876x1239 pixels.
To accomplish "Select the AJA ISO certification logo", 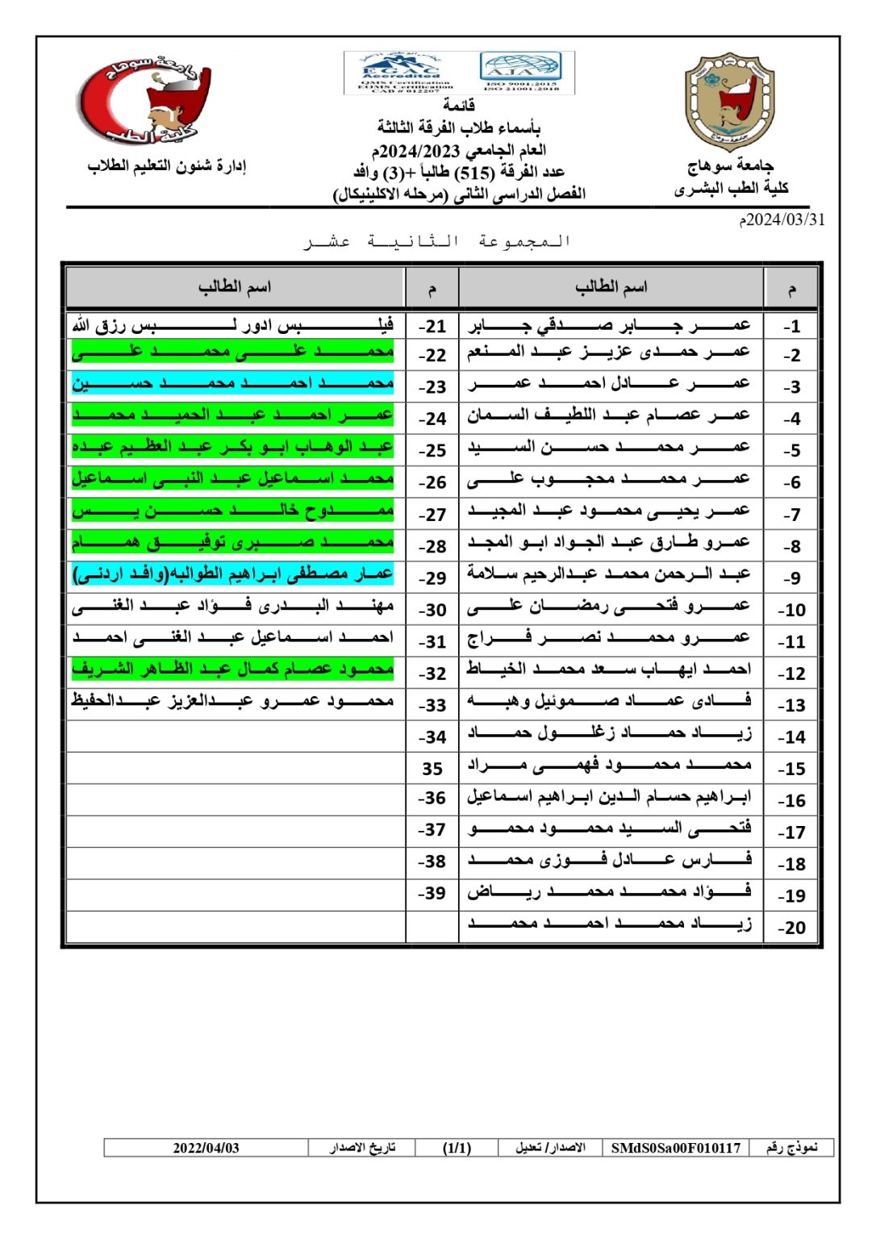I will [x=521, y=73].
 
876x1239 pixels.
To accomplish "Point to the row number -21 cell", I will [x=432, y=326].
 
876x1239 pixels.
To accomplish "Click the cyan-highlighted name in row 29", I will [x=233, y=575].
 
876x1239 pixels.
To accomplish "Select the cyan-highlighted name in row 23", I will [x=233, y=384].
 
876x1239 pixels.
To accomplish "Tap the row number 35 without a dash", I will [x=432, y=770].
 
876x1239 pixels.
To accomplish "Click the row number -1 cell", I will [x=791, y=326].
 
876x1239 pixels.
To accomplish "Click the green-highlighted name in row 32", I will [x=233, y=670].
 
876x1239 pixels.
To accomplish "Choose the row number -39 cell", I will [x=432, y=894].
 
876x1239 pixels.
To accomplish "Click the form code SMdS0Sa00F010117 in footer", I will [x=675, y=1148].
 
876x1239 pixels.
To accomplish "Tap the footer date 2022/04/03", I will [x=206, y=1148].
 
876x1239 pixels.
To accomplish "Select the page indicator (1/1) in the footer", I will [x=457, y=1148].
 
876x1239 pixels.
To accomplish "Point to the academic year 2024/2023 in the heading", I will [x=419, y=151].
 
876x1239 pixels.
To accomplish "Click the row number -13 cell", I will [x=791, y=705].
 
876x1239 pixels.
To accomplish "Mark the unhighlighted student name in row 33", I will [x=233, y=702].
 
